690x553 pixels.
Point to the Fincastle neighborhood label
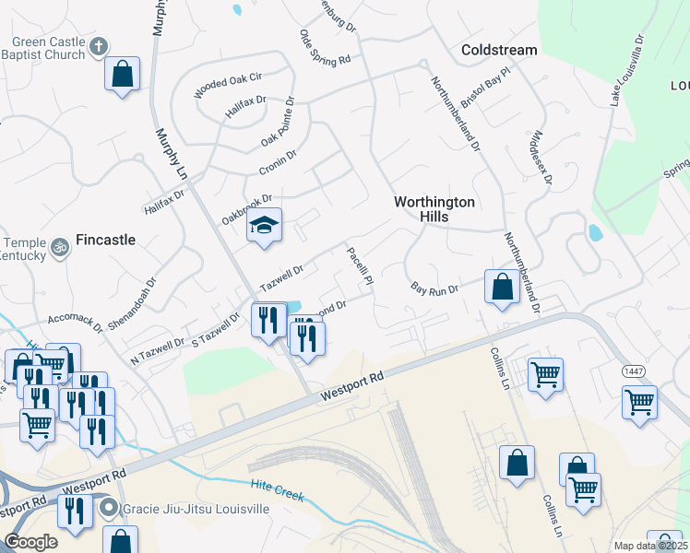[x=105, y=240]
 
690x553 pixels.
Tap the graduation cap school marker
[x=264, y=227]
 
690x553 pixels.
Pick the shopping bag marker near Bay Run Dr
[x=501, y=287]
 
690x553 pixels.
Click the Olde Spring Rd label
[x=325, y=47]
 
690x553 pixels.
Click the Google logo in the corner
[x=30, y=542]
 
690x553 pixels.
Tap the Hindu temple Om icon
[x=61, y=248]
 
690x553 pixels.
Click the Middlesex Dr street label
[x=539, y=156]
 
